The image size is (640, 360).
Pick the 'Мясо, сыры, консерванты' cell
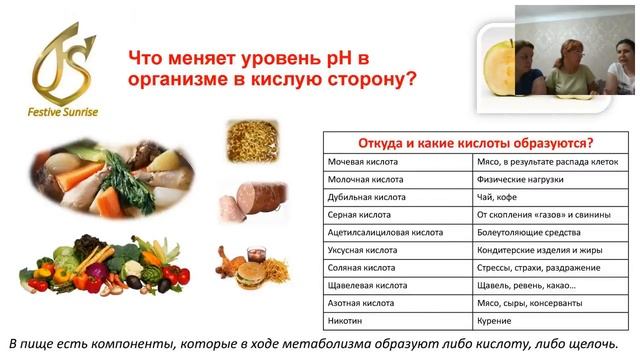tap(528, 303)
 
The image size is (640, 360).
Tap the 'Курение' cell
tap(494, 321)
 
